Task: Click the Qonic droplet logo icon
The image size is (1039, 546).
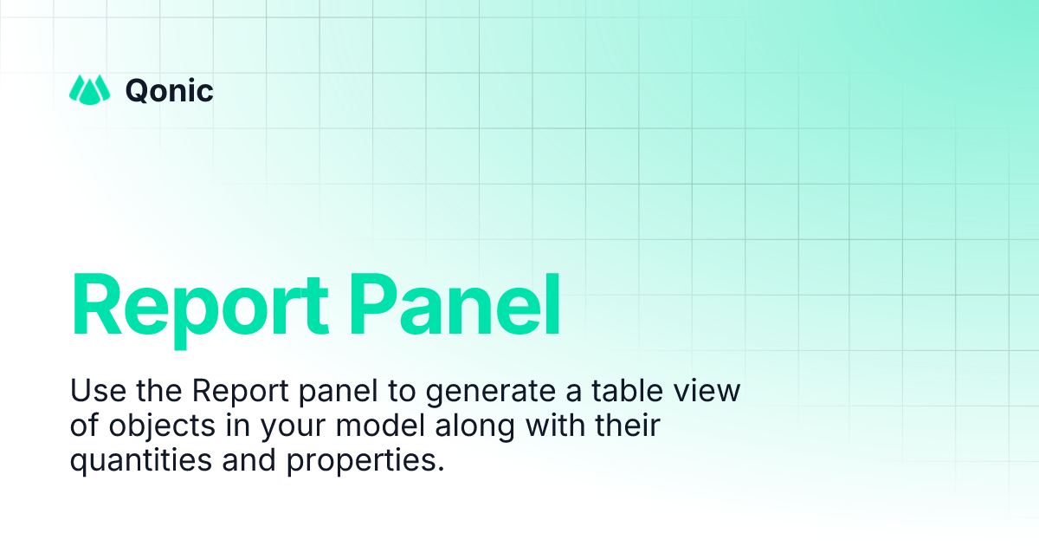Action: click(90, 89)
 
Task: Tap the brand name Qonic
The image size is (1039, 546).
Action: click(170, 90)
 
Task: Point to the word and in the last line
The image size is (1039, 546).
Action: click(247, 461)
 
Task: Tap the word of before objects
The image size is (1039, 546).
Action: click(84, 426)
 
